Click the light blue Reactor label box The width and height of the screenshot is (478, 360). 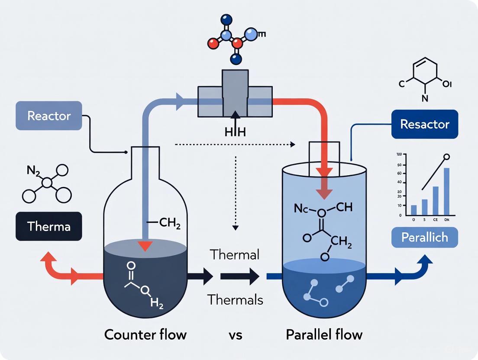pos(49,116)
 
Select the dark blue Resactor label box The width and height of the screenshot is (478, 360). pos(424,124)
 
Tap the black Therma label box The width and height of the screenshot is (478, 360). pos(49,226)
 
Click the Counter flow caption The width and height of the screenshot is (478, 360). pos(145,334)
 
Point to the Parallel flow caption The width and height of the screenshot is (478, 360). pos(324,334)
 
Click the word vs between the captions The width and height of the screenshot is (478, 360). pos(236,334)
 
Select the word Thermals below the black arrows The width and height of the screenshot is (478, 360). pos(235,299)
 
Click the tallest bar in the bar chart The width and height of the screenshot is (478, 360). pos(446,191)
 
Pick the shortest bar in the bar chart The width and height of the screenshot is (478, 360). pos(413,210)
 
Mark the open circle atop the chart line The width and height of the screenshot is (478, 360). pos(447,157)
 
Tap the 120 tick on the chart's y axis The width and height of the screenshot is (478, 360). pos(399,154)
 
